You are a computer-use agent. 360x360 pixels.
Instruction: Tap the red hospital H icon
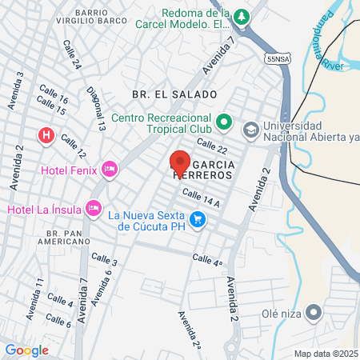(46, 135)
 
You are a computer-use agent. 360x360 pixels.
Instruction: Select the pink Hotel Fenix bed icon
(110, 169)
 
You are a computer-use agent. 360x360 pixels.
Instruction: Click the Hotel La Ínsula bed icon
(94, 209)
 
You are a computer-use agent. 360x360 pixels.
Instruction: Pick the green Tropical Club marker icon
(225, 124)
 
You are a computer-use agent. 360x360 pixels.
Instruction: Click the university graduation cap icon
(251, 129)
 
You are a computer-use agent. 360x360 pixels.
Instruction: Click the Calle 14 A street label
(200, 197)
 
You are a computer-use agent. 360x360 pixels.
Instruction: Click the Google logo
(26, 350)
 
